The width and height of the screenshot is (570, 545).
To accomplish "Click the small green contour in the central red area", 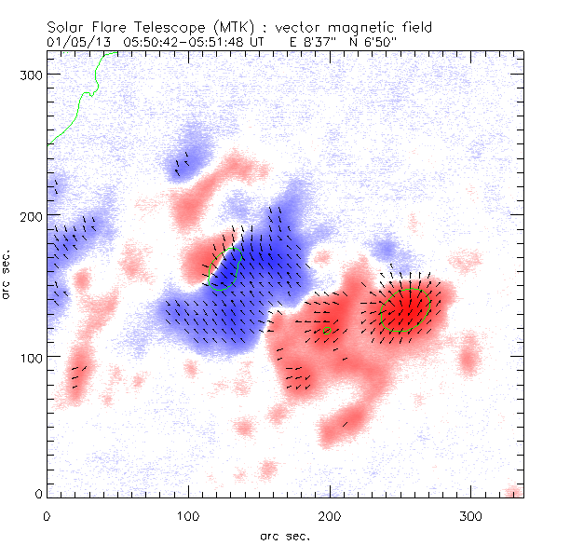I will [x=327, y=331].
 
